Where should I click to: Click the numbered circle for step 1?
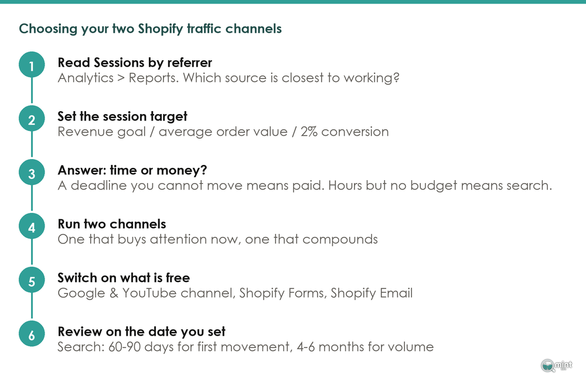[32, 65]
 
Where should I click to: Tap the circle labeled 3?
[32, 173]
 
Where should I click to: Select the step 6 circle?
[32, 334]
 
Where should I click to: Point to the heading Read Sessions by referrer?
[135, 63]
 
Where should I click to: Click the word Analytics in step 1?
[86, 78]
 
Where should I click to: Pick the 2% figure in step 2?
[309, 132]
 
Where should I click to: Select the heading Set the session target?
[122, 117]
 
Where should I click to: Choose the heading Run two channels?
[112, 224]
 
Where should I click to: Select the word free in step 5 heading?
[178, 278]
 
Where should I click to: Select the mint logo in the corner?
[557, 366]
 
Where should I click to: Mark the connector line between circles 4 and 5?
[32, 253]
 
